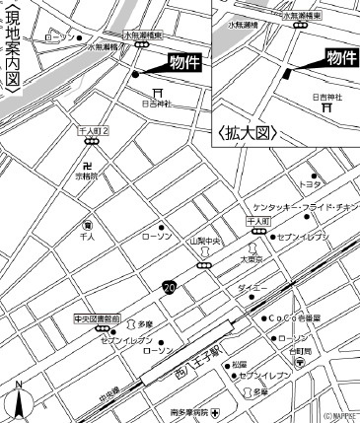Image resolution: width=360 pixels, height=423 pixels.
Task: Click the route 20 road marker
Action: [170, 286]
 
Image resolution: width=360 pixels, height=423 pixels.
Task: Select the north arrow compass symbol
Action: [19, 399]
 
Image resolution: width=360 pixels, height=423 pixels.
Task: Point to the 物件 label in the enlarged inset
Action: [340, 58]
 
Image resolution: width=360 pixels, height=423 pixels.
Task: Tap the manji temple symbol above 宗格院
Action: [90, 166]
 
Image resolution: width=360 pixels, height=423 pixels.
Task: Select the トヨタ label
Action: [311, 184]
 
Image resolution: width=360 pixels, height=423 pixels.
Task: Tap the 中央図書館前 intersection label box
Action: [97, 319]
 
